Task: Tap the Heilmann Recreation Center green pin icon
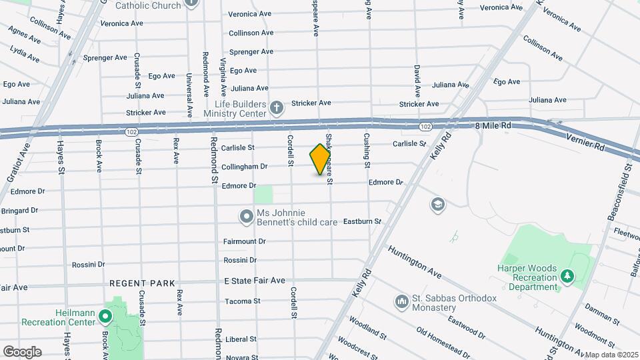point(105,315)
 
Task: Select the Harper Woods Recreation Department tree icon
point(567,275)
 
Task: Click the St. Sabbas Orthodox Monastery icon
point(401,302)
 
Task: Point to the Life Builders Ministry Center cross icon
point(277,107)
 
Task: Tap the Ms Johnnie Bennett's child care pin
point(247,216)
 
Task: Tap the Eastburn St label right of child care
point(362,221)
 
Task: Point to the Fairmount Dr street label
point(244,241)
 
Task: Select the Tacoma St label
point(242,301)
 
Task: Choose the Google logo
point(22,351)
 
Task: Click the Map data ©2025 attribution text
point(611,355)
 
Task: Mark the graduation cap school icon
point(438,203)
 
